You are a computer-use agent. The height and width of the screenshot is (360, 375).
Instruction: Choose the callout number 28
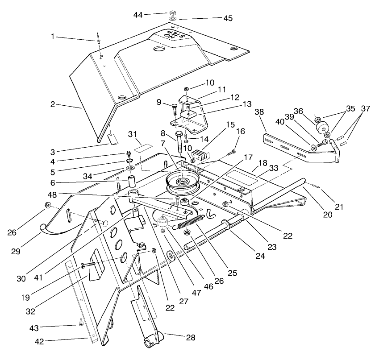click(x=191, y=338)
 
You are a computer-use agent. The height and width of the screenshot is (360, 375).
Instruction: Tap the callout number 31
click(x=133, y=135)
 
